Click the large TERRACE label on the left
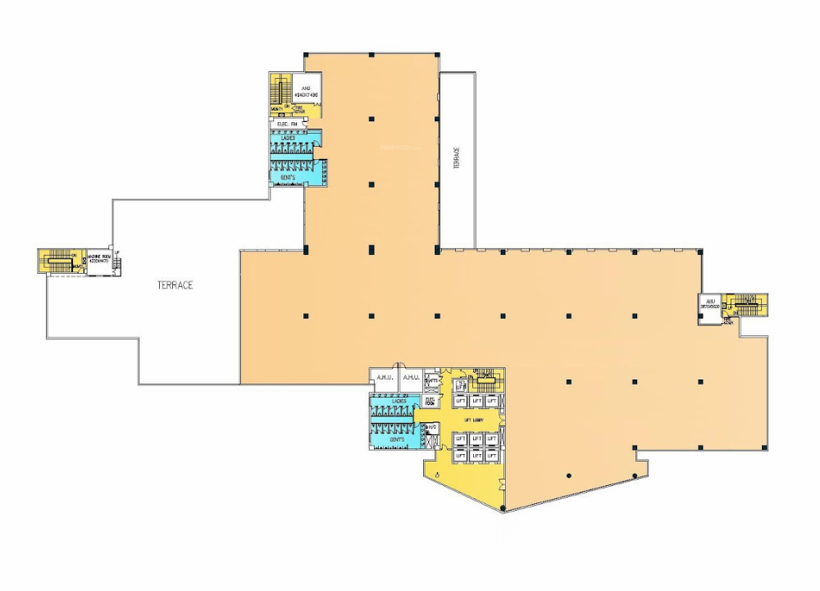tap(175, 285)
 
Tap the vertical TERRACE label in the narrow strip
tap(457, 158)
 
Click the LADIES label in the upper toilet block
tap(288, 138)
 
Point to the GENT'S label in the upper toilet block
tap(288, 177)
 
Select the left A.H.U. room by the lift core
tap(384, 378)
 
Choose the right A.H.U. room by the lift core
tap(411, 378)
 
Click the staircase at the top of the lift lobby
tap(485, 375)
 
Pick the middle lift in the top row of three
tap(476, 401)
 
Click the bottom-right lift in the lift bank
tap(491, 453)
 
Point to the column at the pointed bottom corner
tap(502, 509)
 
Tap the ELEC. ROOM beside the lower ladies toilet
tap(430, 402)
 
